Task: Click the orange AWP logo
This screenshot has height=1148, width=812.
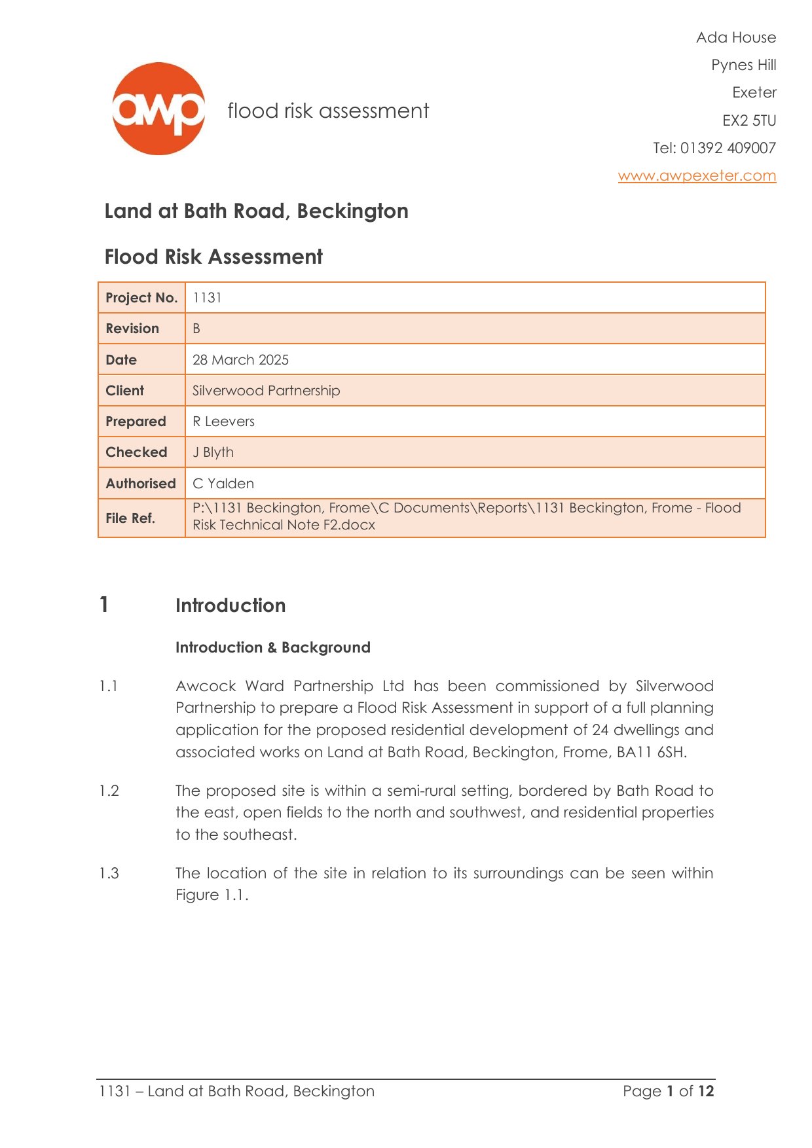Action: coord(158,109)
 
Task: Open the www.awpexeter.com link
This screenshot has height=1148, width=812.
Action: coord(697,175)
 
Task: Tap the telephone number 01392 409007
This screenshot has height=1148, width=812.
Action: coord(728,148)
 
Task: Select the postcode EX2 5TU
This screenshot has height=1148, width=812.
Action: coord(749,120)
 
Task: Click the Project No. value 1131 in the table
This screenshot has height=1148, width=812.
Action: coord(207,298)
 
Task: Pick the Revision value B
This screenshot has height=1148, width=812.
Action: coord(196,329)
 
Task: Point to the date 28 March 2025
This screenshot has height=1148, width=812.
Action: coord(240,360)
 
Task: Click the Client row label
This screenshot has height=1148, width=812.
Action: coord(124,391)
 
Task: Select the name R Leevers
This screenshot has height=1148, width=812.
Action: coord(223,422)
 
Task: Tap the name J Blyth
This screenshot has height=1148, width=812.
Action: coord(213,452)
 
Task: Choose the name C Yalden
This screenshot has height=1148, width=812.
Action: coord(223,484)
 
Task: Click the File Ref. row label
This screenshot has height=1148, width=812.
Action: coord(130,518)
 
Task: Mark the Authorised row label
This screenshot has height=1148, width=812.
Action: coord(141,484)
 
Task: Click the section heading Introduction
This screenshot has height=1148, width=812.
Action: coord(231,605)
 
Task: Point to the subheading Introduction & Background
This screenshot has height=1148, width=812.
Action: coord(272,647)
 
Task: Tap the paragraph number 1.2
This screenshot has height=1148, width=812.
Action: coord(109,791)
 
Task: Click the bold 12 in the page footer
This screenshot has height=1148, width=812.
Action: coord(706,1091)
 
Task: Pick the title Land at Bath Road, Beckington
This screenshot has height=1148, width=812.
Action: coord(256,211)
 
